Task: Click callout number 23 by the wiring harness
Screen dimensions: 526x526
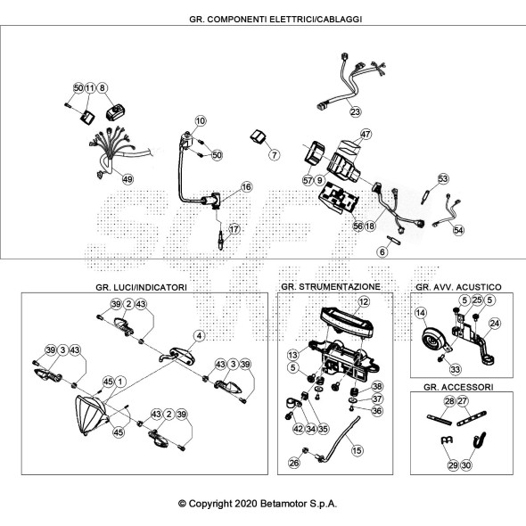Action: [355, 111]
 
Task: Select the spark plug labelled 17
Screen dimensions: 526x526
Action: [220, 241]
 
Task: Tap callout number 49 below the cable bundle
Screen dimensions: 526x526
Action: [127, 179]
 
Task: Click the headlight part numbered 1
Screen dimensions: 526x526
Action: [89, 415]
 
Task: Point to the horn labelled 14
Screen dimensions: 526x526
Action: [435, 341]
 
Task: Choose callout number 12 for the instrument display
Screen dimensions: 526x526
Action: [364, 302]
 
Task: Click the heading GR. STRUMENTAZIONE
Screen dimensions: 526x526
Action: [331, 287]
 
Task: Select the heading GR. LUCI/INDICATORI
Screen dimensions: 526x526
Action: [141, 287]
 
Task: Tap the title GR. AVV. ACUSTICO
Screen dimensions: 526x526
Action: [458, 287]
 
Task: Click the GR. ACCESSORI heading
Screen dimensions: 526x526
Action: [458, 387]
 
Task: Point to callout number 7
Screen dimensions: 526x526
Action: [275, 154]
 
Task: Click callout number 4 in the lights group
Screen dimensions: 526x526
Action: [200, 335]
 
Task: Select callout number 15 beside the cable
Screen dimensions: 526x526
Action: [357, 450]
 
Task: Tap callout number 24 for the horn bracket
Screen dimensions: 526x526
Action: [495, 324]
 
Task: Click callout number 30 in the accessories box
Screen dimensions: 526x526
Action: [466, 465]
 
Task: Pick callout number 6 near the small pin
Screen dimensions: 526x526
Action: [382, 252]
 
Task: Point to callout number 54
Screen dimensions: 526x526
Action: [458, 230]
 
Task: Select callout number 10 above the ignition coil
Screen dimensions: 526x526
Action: [201, 120]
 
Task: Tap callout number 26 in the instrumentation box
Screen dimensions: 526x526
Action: [294, 463]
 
